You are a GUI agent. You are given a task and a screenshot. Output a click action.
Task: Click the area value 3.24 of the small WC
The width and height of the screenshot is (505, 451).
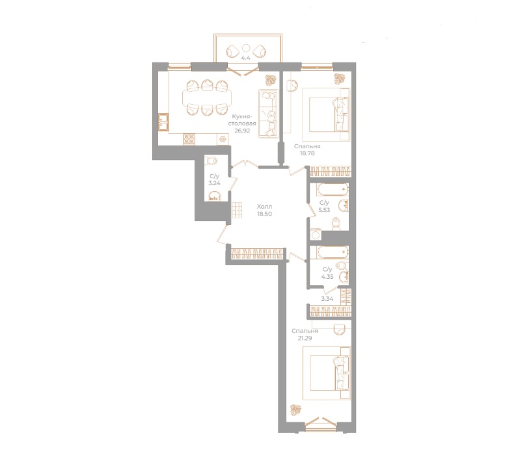[x=213, y=183]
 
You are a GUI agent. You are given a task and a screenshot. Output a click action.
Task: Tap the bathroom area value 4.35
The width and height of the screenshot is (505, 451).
[x=327, y=277]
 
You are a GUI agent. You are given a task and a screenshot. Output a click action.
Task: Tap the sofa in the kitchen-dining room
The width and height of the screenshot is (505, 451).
[x=267, y=114]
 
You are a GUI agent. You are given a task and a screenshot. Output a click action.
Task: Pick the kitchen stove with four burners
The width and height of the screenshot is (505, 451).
[x=189, y=138]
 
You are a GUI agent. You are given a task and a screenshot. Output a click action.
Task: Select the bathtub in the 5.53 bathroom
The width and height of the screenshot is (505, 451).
[x=332, y=190]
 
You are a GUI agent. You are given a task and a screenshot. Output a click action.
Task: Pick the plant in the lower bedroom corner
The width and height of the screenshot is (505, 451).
[x=295, y=409]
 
